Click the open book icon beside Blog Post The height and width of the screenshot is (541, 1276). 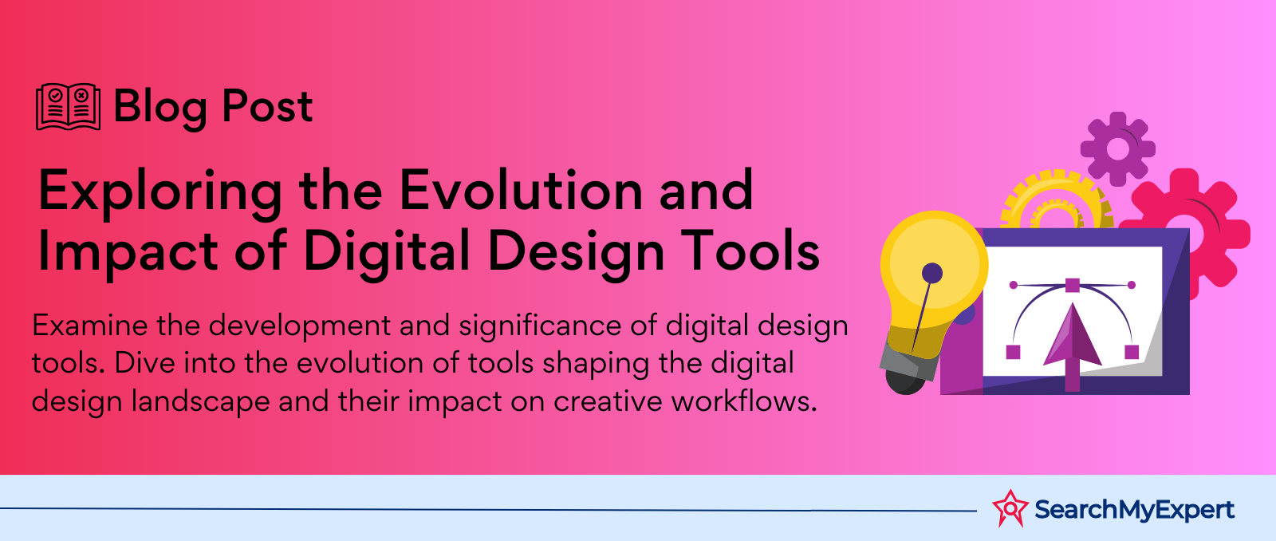[69, 107]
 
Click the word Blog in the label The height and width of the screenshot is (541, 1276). [160, 109]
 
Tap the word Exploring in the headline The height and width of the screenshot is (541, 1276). [160, 194]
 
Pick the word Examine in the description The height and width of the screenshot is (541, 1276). [89, 326]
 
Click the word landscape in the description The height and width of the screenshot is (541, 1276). [200, 402]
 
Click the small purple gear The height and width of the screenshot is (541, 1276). [1117, 148]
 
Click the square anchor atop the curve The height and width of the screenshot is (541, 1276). [1072, 285]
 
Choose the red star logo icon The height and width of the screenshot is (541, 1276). [1010, 508]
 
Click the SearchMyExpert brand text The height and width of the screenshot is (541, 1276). [1134, 510]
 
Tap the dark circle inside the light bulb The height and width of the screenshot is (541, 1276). [932, 273]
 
